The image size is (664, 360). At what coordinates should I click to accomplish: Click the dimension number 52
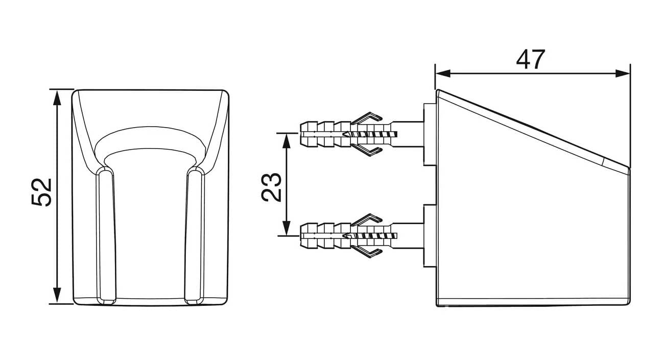(42, 193)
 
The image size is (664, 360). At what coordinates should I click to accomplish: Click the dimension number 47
(530, 60)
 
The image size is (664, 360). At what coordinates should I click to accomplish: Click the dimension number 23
(271, 187)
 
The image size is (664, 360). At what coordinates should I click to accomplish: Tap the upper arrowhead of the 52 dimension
(57, 98)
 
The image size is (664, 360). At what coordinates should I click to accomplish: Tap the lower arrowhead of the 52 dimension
(57, 296)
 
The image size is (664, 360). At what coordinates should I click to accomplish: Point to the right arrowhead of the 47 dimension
(622, 74)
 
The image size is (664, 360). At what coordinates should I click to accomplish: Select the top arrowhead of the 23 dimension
(286, 141)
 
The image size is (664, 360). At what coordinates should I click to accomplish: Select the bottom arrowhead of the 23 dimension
(286, 228)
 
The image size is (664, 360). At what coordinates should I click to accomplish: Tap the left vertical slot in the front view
(105, 235)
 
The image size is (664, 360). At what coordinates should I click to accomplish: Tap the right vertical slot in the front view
(195, 235)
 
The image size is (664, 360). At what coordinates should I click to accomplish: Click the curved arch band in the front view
(150, 139)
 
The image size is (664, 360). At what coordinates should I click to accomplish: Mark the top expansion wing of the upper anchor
(367, 117)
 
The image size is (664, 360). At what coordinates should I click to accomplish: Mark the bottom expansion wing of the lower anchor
(367, 252)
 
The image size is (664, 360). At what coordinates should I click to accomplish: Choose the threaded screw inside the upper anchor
(370, 134)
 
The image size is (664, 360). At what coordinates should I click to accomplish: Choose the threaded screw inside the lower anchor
(370, 236)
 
